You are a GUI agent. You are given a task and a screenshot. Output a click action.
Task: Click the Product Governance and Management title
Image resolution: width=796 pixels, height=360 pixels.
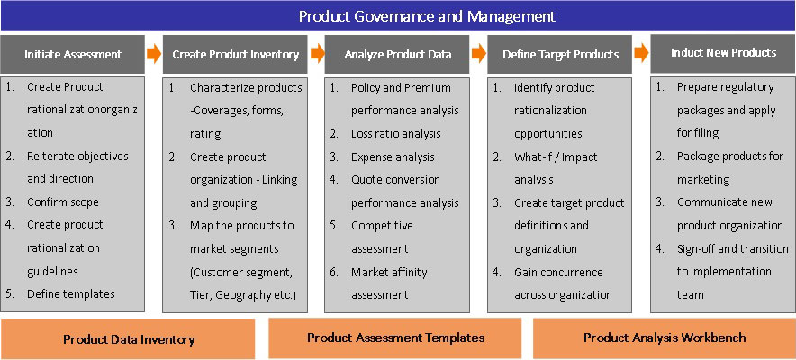point(427,16)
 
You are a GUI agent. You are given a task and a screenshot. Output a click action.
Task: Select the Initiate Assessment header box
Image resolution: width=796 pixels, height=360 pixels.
point(73,54)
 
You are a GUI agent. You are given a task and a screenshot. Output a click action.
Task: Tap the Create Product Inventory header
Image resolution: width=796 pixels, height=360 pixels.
point(235,54)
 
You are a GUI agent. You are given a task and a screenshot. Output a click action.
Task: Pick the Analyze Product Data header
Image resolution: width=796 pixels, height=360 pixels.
point(397,54)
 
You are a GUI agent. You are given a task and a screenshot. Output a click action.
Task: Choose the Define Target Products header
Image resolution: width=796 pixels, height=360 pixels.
point(560,54)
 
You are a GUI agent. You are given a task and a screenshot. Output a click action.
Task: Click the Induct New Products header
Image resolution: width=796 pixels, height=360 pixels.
point(723,53)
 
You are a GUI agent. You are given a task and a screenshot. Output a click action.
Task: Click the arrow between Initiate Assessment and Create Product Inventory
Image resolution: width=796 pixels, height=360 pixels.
point(154,53)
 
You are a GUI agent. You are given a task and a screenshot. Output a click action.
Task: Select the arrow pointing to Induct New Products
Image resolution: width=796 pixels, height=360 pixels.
point(641,53)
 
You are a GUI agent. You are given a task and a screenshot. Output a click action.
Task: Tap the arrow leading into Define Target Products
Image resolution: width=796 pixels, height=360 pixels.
point(479,53)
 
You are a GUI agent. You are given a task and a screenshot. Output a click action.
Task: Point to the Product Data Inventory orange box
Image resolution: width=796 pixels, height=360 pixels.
point(128,339)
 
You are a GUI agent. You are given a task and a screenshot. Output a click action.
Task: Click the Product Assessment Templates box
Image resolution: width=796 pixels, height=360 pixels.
point(395,337)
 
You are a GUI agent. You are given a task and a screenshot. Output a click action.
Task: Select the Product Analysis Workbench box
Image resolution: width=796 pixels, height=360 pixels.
point(665,337)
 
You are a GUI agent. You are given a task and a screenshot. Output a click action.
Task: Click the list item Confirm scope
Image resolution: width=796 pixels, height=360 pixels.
point(63,202)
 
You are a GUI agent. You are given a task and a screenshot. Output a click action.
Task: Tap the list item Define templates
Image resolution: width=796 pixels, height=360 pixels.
point(71,294)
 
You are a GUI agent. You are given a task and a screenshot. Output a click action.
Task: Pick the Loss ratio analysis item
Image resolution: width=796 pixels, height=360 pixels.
point(396,134)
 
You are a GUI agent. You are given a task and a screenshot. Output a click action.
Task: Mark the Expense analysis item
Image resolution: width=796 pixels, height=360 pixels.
point(393,157)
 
